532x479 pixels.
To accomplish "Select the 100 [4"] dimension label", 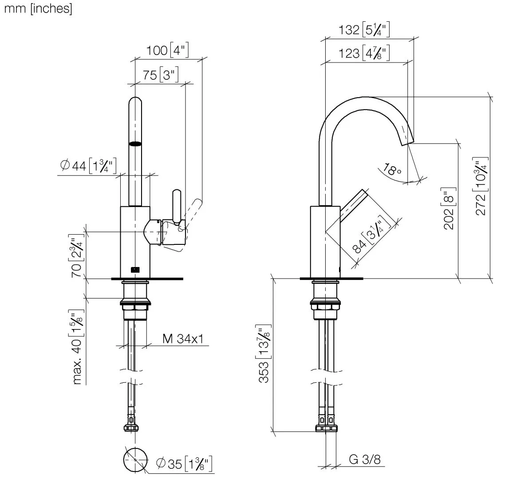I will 168,50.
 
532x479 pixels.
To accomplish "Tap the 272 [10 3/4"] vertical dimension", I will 481,186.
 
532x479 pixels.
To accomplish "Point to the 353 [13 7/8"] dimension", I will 264,360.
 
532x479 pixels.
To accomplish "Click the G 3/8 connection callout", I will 364,459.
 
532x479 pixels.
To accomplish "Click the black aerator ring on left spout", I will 135,143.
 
